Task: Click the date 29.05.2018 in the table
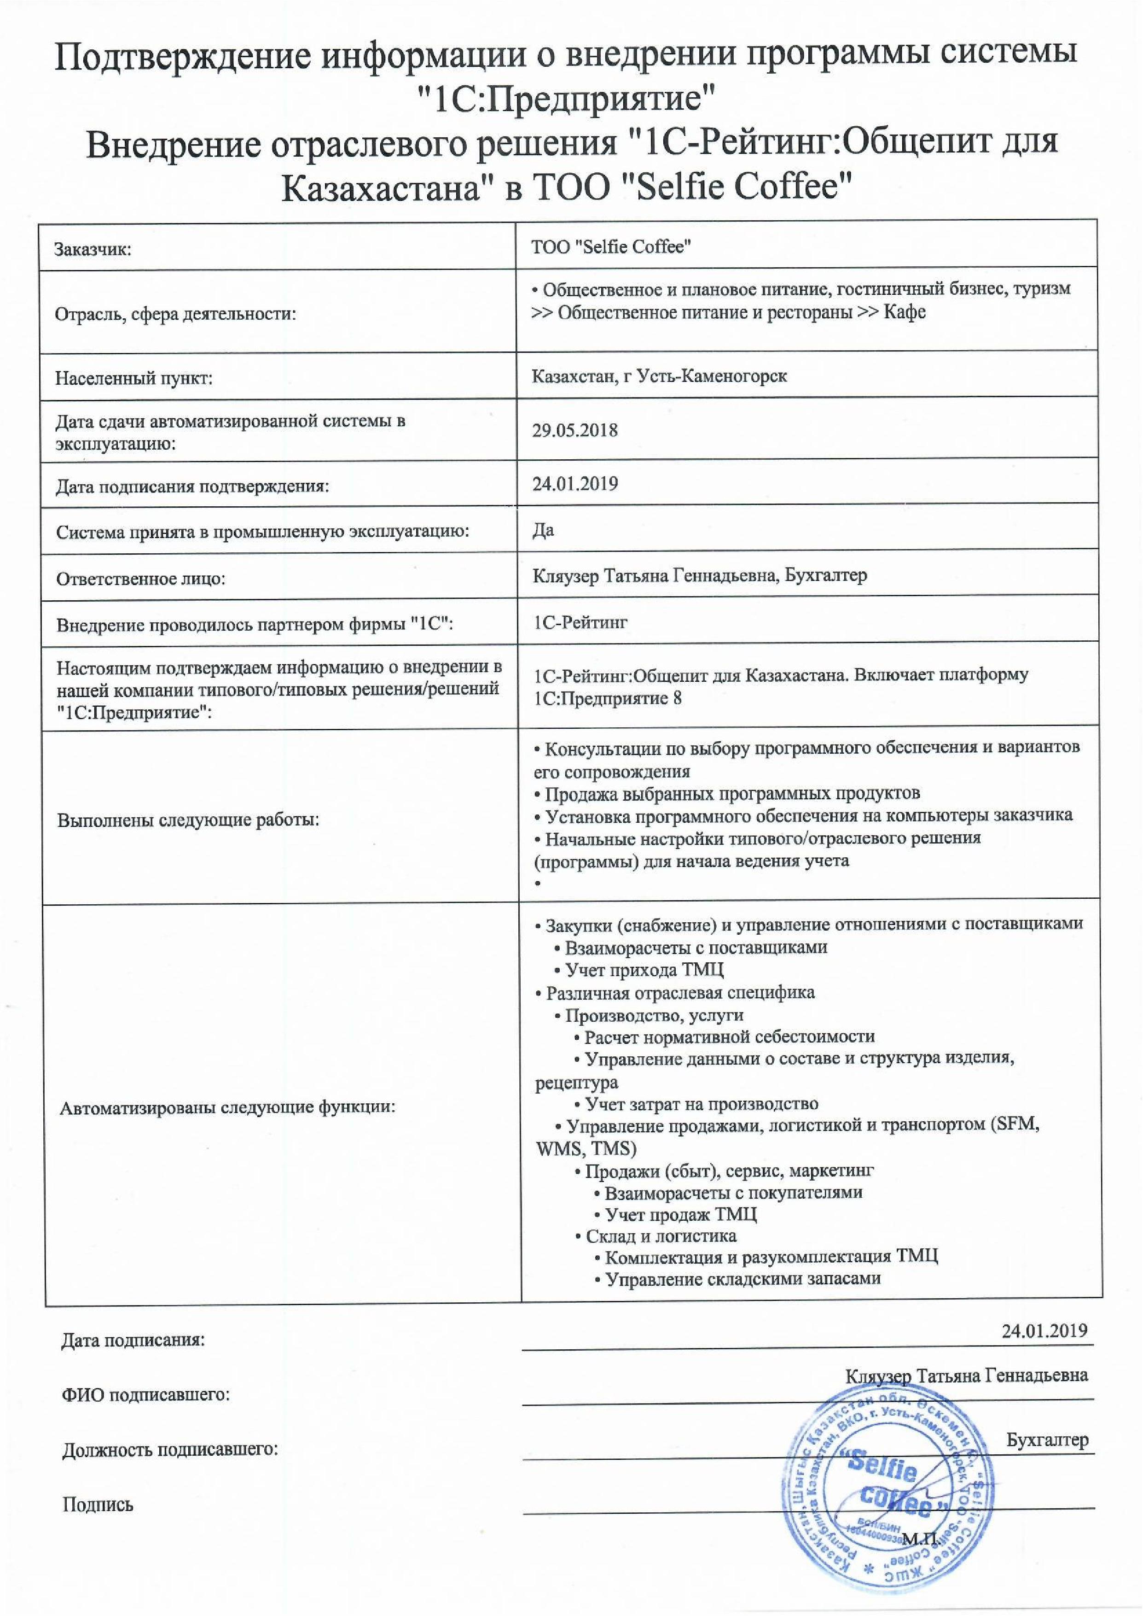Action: [575, 430]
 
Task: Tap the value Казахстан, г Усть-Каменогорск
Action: [660, 376]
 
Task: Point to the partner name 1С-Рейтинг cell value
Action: [580, 622]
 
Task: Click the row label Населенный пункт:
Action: [133, 379]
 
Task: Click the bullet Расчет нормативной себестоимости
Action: [728, 1036]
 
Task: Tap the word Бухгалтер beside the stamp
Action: [1047, 1440]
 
